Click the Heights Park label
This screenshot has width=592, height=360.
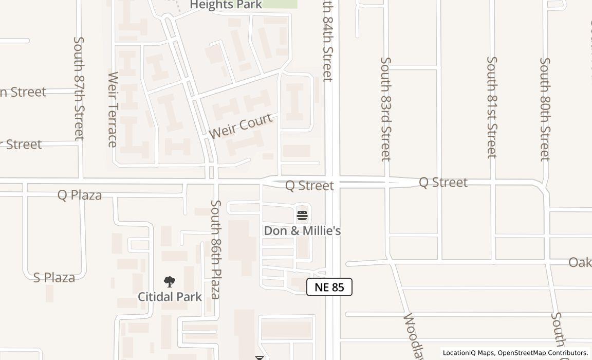tap(226, 5)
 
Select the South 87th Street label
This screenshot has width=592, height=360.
tap(79, 88)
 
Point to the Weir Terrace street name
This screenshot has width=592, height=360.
tap(113, 109)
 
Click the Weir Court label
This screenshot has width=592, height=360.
tap(240, 125)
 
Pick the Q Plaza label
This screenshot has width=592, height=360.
tap(80, 195)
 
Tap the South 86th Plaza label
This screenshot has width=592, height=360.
tap(216, 249)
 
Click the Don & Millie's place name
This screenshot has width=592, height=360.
tap(302, 231)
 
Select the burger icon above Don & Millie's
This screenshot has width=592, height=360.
tap(302, 215)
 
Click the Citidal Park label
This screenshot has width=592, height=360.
tap(170, 297)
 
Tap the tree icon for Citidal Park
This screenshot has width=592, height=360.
tap(170, 282)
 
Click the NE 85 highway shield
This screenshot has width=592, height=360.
tap(329, 287)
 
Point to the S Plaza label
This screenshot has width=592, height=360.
tap(54, 278)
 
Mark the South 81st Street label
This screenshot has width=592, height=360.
tap(492, 107)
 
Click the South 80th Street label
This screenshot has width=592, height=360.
tap(545, 109)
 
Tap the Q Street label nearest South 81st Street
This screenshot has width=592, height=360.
tap(443, 182)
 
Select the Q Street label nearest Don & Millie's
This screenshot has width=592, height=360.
tap(309, 185)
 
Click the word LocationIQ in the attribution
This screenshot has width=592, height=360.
tap(459, 353)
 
